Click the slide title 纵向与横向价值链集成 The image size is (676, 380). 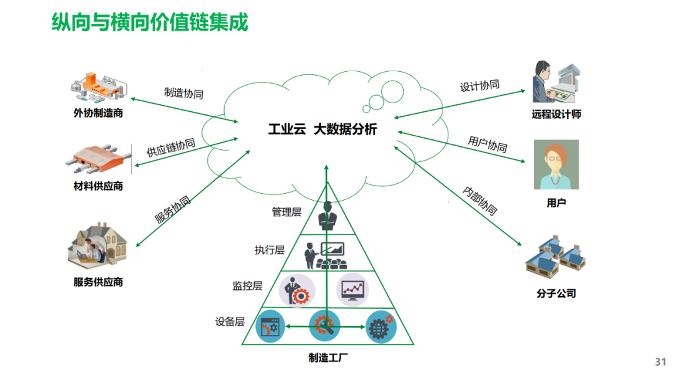(x=150, y=22)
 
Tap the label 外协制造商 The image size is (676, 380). (x=98, y=114)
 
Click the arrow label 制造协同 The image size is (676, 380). (x=183, y=92)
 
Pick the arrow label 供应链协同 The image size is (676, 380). (x=171, y=147)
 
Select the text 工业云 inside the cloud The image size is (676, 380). (x=287, y=130)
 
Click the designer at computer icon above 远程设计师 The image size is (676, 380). (x=556, y=82)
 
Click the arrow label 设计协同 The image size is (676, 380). (x=479, y=86)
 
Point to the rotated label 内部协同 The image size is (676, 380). (x=479, y=201)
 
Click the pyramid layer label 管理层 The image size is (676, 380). (x=286, y=212)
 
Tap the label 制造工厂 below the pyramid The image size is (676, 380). (x=327, y=358)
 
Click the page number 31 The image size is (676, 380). (x=660, y=362)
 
